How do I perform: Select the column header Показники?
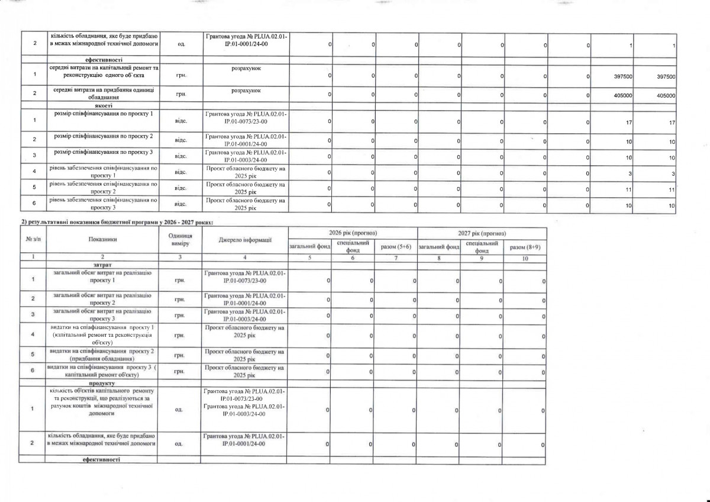102,239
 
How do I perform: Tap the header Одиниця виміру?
180,239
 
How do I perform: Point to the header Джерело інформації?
244,239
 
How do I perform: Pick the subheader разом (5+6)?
395,246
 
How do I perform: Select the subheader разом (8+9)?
524,246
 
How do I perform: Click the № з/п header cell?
33,239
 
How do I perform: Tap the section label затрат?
102,264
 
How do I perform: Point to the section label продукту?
102,384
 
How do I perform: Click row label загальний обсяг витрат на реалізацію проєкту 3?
102,315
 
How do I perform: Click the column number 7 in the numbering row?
395,258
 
